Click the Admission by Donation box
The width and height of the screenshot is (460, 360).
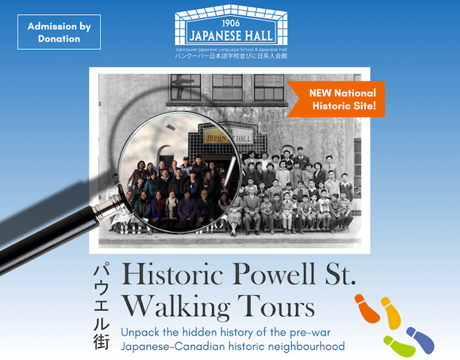click(59, 32)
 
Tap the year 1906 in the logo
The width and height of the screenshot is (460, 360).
click(230, 23)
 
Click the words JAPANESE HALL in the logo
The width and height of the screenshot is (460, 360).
click(231, 36)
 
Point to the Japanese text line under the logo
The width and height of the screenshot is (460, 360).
click(231, 56)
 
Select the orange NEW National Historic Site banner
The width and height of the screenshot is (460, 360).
click(336, 99)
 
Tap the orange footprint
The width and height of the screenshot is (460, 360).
click(367, 308)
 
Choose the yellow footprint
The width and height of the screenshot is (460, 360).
click(391, 312)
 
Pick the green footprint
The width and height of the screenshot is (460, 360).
click(399, 346)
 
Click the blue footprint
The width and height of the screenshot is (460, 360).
click(420, 340)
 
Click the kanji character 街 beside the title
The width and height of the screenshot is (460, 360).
click(102, 341)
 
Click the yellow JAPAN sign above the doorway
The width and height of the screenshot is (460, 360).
click(216, 137)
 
